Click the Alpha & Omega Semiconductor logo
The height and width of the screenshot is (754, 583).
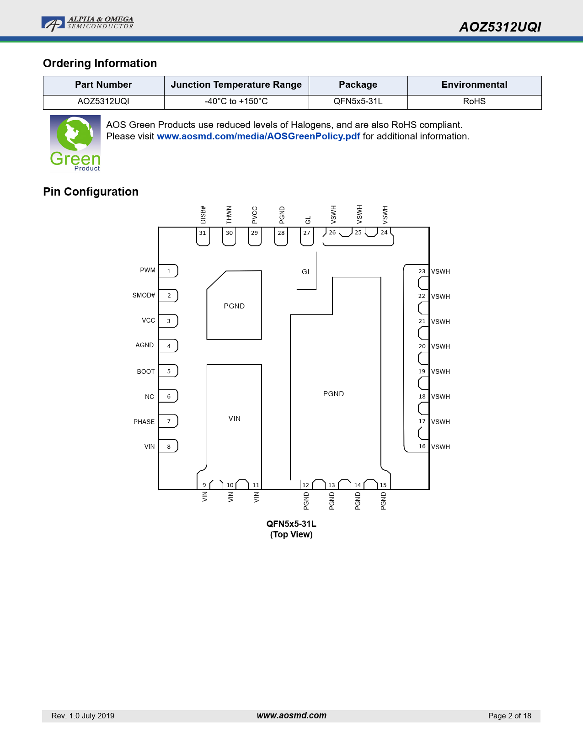click(x=87, y=24)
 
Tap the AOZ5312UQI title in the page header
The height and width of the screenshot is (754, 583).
click(x=500, y=27)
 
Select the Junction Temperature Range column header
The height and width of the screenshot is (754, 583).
click(x=236, y=85)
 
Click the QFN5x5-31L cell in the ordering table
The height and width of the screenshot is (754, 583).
click(x=358, y=101)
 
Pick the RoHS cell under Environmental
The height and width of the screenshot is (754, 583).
click(x=474, y=101)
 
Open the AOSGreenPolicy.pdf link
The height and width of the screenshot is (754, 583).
click(x=258, y=136)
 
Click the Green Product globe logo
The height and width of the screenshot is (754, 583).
click(x=75, y=143)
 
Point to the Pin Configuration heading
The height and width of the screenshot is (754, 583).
click(x=91, y=191)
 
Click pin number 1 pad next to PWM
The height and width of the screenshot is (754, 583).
click(x=168, y=271)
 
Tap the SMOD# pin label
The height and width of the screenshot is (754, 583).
click(x=144, y=295)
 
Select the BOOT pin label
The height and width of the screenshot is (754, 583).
click(x=145, y=372)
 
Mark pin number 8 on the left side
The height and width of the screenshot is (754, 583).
click(x=168, y=446)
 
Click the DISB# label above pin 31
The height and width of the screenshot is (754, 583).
click(x=203, y=215)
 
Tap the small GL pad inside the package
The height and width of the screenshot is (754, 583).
click(x=306, y=271)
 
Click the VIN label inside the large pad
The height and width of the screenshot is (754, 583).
click(x=235, y=419)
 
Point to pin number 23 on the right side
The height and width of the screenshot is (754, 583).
click(x=422, y=271)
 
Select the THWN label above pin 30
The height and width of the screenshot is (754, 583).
click(x=229, y=215)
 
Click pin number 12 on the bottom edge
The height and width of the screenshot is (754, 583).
click(x=305, y=485)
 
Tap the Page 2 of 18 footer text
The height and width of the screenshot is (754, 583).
click(x=509, y=716)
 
